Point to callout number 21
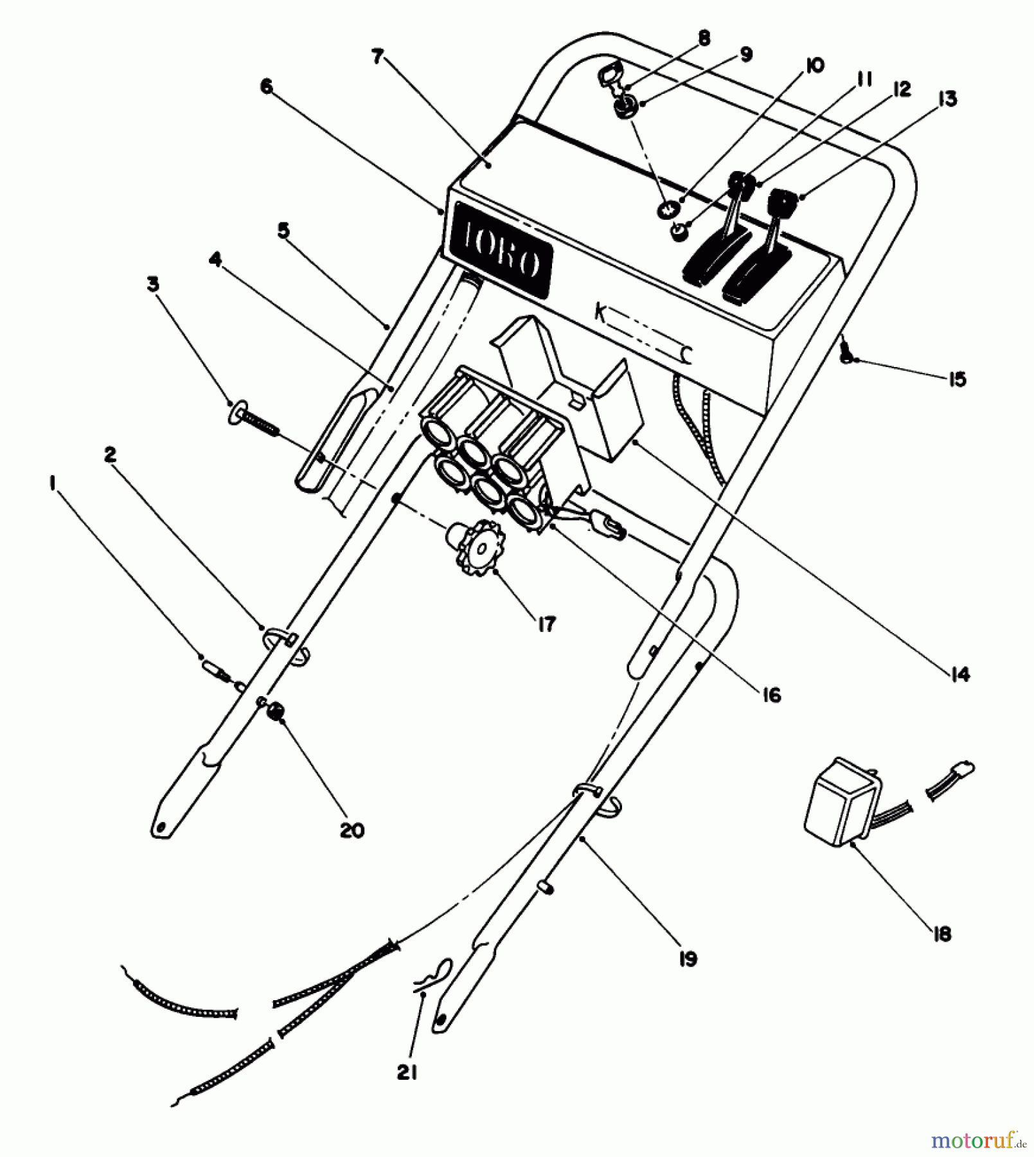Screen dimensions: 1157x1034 [407, 1072]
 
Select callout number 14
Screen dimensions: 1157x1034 [961, 674]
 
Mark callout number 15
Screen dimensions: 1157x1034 [957, 379]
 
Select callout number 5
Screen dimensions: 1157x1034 [283, 230]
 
